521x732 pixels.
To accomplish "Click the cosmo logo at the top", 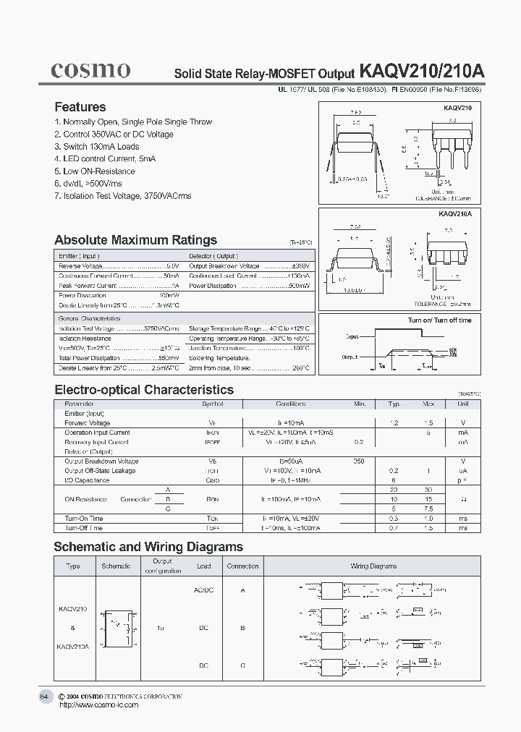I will (x=90, y=69).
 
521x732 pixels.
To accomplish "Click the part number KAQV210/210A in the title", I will (x=422, y=72).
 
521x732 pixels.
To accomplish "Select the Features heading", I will (x=80, y=107).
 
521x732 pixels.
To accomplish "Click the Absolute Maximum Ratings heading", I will (x=135, y=240).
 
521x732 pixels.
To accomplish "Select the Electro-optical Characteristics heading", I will (x=144, y=390).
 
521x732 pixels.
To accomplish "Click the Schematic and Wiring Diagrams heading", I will (x=148, y=547).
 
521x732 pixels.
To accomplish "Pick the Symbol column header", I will (x=213, y=404).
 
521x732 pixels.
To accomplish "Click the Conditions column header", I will (x=291, y=404).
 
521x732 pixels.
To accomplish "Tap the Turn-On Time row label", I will (x=84, y=519).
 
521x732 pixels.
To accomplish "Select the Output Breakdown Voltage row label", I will (x=101, y=461).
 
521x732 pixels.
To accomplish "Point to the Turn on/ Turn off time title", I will (x=439, y=320).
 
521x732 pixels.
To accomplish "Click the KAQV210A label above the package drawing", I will (x=454, y=215).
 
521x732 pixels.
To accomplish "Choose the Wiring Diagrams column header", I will (x=373, y=566).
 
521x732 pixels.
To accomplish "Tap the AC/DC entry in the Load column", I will (x=203, y=590).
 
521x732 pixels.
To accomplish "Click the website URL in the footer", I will (x=98, y=705).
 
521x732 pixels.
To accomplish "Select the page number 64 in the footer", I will (x=45, y=697).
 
